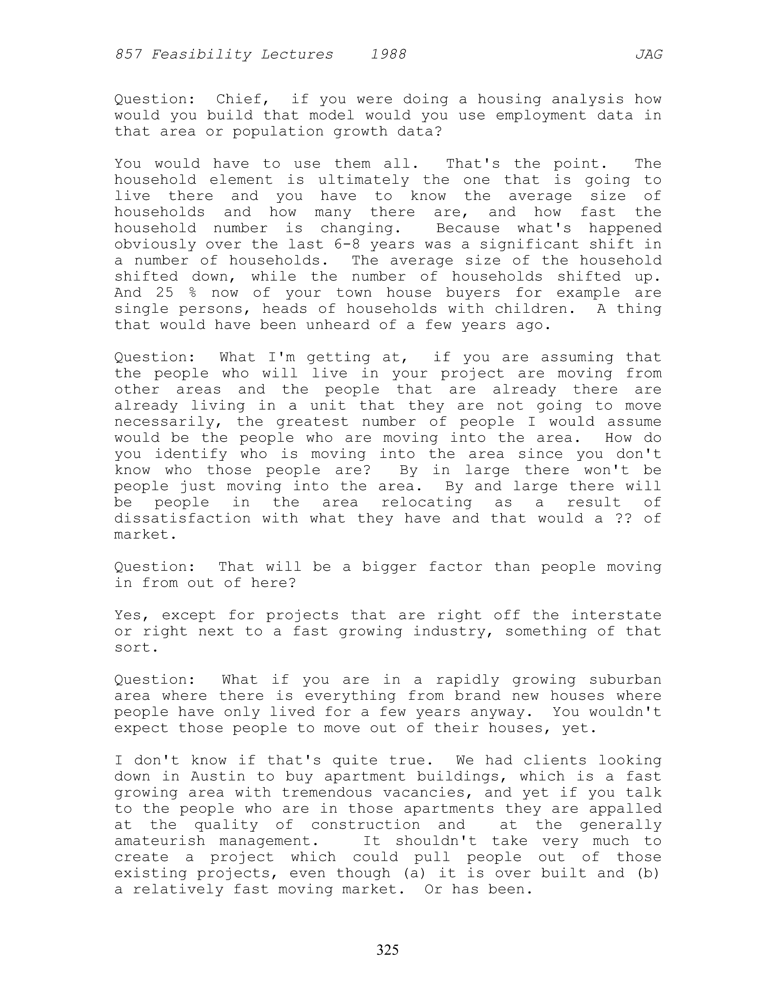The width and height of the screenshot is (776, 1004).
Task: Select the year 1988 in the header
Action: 388,55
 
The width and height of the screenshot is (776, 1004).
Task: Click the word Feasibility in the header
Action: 201,55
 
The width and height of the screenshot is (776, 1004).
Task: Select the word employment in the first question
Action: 541,115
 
